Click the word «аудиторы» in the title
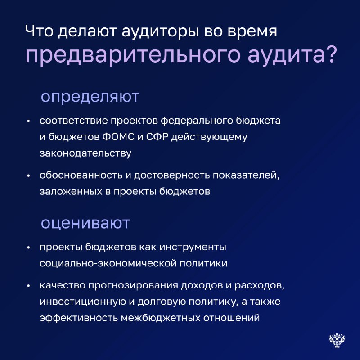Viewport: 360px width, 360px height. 160,32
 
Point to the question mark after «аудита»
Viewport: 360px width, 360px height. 331,54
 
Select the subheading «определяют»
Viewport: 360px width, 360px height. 90,97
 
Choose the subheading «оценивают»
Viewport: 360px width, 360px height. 85,223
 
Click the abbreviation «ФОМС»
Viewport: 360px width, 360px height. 118,137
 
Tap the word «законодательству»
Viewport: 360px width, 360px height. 85,153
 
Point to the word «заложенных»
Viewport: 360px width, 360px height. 71,192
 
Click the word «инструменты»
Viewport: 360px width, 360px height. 193,247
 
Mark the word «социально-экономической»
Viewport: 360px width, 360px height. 108,263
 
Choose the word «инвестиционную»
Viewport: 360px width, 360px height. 83,302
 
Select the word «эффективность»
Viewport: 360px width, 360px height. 79,318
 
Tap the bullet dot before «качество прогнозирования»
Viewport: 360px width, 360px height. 28,286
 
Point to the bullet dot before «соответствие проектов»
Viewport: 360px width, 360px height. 28,121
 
